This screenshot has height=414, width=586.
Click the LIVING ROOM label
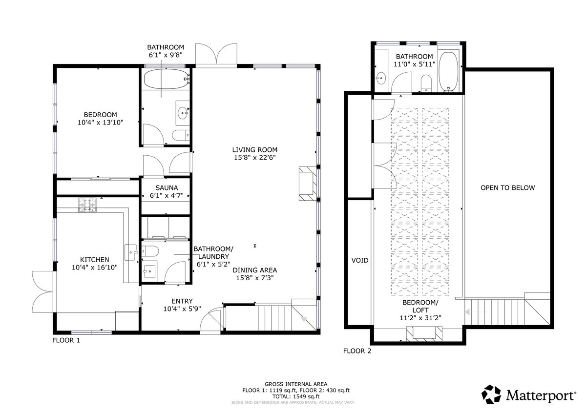click(x=254, y=150)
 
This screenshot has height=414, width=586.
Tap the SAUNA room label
click(x=167, y=188)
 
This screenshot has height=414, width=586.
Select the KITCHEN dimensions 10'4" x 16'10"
click(x=95, y=267)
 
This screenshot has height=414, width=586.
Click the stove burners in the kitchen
click(x=87, y=205)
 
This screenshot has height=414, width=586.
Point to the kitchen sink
click(x=131, y=252)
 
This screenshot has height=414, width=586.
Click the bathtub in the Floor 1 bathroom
click(x=166, y=79)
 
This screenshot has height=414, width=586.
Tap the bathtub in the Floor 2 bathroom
click(x=448, y=71)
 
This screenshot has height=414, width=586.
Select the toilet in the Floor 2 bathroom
click(x=426, y=83)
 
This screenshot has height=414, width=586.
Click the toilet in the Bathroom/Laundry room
click(x=150, y=251)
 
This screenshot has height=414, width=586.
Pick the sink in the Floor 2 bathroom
click(x=381, y=78)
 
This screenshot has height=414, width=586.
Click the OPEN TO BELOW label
click(x=507, y=188)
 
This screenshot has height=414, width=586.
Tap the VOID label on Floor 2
click(x=360, y=260)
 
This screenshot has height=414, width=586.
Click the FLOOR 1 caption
click(x=66, y=340)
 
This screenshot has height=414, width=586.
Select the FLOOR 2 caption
click(x=357, y=351)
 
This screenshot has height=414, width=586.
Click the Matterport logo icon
click(x=491, y=394)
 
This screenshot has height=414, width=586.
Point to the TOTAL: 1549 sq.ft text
click(x=296, y=396)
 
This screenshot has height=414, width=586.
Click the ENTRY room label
click(x=182, y=301)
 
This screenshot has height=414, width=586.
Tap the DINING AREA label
click(x=255, y=270)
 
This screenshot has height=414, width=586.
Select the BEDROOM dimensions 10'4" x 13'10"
click(x=101, y=123)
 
